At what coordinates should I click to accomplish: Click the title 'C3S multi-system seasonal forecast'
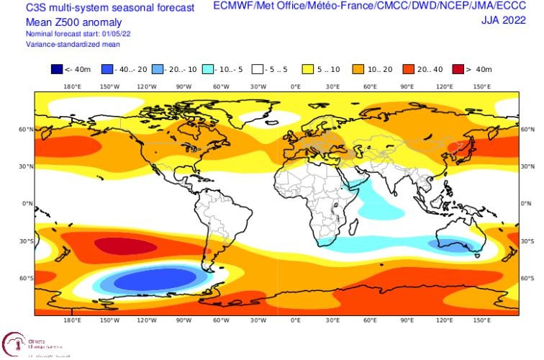(x=99, y=7)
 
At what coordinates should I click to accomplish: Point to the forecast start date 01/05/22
(x=108, y=35)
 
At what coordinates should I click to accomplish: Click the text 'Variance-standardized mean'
(x=66, y=44)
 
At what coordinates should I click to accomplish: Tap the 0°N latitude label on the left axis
(x=27, y=204)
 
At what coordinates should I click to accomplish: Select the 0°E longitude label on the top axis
(x=296, y=86)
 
